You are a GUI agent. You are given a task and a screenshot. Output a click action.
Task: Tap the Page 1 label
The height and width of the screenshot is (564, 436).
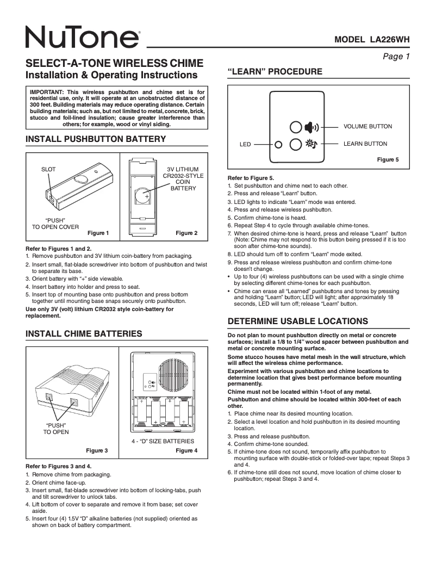(396, 56)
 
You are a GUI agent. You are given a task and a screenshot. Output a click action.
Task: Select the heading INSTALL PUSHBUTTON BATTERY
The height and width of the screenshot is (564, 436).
(96, 139)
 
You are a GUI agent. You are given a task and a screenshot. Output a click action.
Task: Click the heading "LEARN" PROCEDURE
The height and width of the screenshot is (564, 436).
(275, 72)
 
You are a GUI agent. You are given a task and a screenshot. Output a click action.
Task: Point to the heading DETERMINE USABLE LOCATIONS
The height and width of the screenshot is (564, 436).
(297, 321)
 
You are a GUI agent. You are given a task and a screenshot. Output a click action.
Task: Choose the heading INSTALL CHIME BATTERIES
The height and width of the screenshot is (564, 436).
(84, 333)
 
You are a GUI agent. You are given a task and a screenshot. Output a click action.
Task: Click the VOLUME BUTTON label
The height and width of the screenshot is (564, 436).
(368, 127)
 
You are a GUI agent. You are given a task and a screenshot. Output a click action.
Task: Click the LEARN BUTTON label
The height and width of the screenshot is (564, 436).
(365, 144)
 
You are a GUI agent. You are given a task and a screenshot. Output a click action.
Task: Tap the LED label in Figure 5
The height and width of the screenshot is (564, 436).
(245, 145)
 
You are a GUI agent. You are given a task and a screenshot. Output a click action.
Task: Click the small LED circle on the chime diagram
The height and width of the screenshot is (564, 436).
(279, 145)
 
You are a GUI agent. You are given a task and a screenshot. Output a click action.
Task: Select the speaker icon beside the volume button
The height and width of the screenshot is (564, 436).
(312, 127)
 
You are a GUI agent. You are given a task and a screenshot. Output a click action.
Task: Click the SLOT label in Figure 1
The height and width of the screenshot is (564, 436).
(48, 170)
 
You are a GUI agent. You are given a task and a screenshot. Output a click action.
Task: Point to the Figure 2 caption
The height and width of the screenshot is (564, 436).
(186, 233)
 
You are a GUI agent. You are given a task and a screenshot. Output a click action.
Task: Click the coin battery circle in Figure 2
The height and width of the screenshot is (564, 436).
(144, 196)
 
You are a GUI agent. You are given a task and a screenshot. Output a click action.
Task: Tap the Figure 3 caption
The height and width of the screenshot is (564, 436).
(97, 450)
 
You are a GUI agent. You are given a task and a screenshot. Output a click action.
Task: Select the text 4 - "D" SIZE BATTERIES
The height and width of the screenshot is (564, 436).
(163, 441)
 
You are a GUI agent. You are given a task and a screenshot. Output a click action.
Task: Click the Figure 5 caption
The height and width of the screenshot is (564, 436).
(388, 159)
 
